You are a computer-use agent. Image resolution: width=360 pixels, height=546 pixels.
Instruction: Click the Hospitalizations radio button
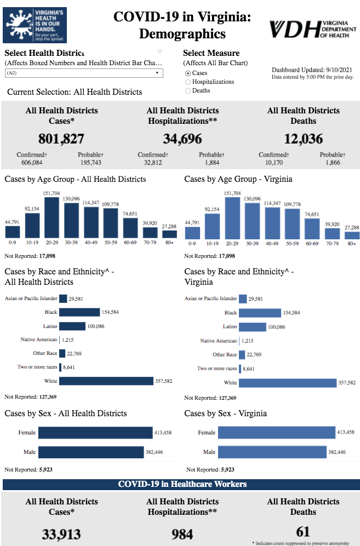[188, 82]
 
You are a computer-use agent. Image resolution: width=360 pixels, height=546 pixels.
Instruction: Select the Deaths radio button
[188, 91]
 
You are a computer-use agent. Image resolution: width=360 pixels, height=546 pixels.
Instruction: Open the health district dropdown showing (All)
[84, 73]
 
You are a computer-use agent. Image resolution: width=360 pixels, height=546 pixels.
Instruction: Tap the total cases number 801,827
[61, 139]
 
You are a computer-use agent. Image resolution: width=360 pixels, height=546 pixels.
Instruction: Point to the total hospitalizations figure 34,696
[182, 139]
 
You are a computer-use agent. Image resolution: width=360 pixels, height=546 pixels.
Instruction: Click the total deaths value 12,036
[304, 139]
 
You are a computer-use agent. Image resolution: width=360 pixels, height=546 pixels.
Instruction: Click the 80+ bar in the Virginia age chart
[352, 235]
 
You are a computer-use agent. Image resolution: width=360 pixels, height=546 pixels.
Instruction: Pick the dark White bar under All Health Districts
[106, 381]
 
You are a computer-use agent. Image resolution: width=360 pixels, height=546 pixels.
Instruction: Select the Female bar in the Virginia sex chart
[276, 433]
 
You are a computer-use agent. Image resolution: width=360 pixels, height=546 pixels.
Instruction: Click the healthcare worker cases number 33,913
[61, 534]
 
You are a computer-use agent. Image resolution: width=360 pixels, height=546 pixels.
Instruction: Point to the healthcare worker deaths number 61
[303, 531]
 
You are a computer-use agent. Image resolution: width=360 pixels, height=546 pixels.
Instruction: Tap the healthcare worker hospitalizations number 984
[182, 534]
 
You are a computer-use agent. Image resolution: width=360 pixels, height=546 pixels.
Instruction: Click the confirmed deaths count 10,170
[273, 163]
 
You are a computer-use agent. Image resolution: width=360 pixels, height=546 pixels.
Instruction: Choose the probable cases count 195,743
[90, 163]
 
